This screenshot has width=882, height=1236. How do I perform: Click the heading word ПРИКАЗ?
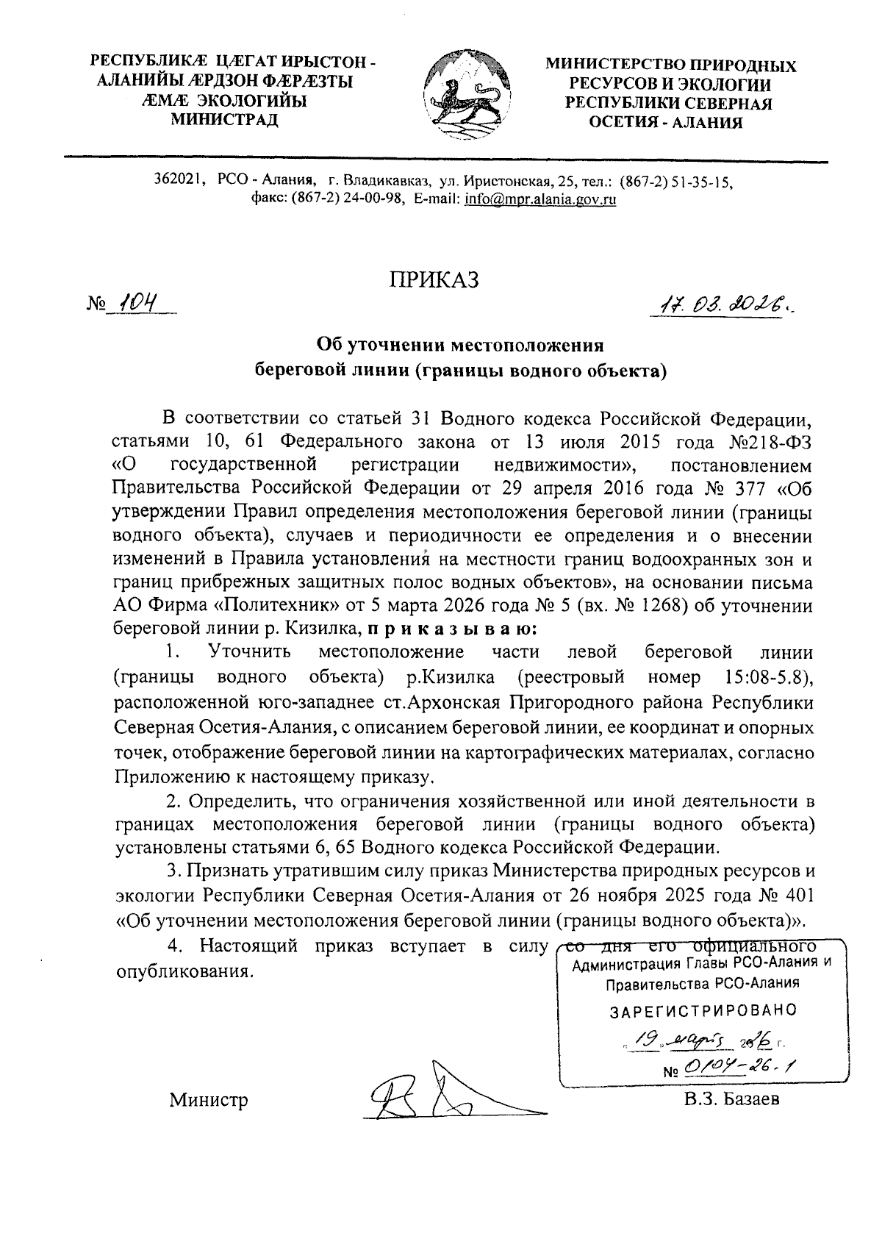pos(434,279)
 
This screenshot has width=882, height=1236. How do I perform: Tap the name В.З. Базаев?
pos(731,1099)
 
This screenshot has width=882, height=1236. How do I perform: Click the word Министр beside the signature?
pos(209,1100)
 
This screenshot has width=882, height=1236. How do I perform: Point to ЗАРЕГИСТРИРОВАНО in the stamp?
pos(703,1010)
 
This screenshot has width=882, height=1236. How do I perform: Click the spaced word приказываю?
pos(452,629)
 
